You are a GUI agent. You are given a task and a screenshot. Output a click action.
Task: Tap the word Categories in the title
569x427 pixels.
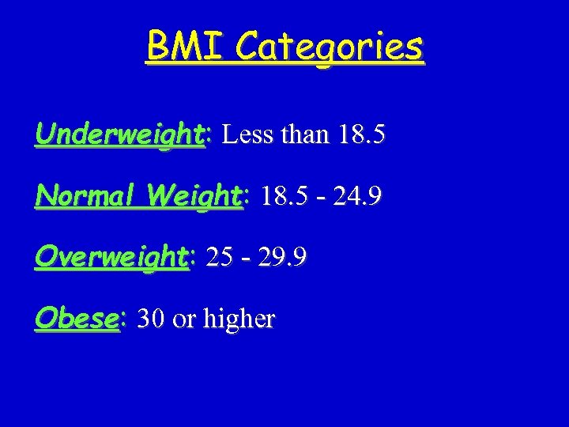click(329, 49)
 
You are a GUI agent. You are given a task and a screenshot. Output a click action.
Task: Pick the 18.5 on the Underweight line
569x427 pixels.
click(361, 134)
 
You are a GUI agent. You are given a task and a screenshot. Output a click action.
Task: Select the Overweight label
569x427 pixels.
click(111, 258)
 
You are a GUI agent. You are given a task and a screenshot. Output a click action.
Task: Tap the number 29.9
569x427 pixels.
click(282, 257)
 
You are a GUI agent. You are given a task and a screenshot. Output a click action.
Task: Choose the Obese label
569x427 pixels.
click(75, 318)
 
